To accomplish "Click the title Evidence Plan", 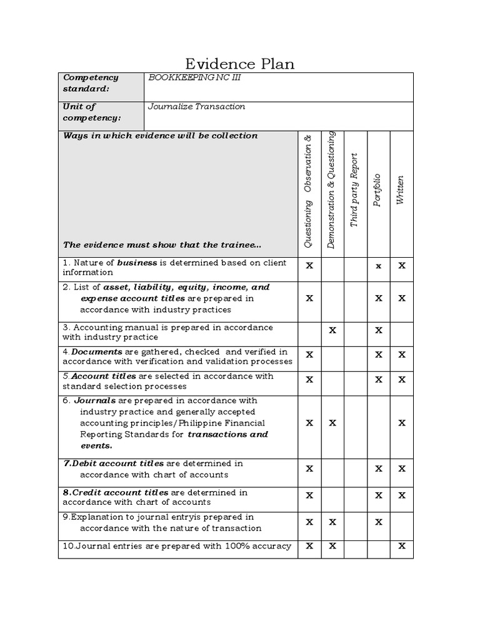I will [240, 64].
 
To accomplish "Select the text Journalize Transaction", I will [196, 106].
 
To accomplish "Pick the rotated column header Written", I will [401, 191].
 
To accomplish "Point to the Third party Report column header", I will [354, 190].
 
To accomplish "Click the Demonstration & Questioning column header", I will [332, 190].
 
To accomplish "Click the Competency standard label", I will [91, 83].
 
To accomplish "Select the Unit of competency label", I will [92, 112].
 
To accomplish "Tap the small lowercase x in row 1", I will [378, 266].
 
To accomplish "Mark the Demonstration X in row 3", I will [332, 330].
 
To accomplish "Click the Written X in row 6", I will [402, 423].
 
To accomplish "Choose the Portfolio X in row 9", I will [378, 522].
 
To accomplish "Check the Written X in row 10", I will [402, 546].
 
